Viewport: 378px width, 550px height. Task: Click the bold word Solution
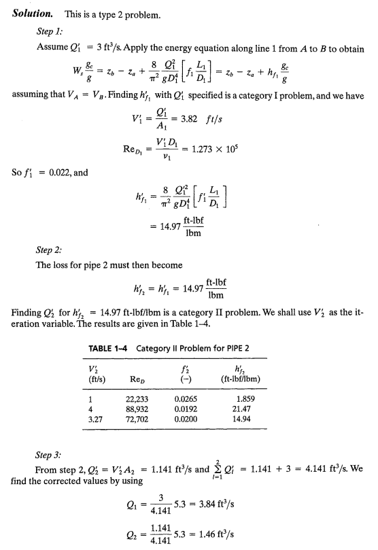click(34, 14)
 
